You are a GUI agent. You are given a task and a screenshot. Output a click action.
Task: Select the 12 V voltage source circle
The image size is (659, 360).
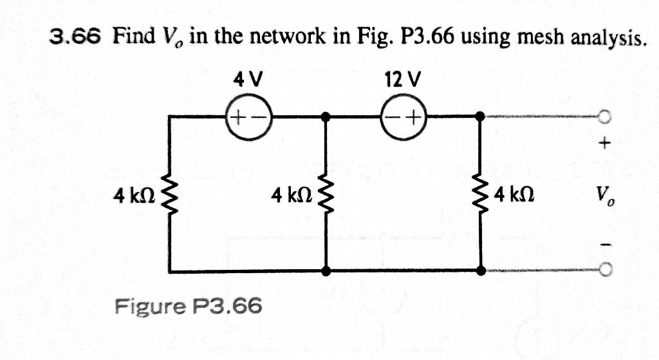click(x=404, y=117)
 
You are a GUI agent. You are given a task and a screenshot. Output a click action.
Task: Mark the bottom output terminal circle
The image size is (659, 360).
click(x=604, y=270)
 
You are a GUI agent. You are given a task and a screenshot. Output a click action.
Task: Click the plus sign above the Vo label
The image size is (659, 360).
click(x=604, y=143)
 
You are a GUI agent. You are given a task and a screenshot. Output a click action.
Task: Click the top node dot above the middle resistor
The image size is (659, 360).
click(x=326, y=117)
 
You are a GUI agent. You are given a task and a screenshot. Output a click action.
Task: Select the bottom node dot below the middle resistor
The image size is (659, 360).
click(x=326, y=270)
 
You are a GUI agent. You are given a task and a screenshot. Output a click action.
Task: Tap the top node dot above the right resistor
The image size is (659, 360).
click(x=481, y=117)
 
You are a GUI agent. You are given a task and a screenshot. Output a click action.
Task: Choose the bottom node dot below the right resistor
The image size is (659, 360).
click(x=481, y=270)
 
